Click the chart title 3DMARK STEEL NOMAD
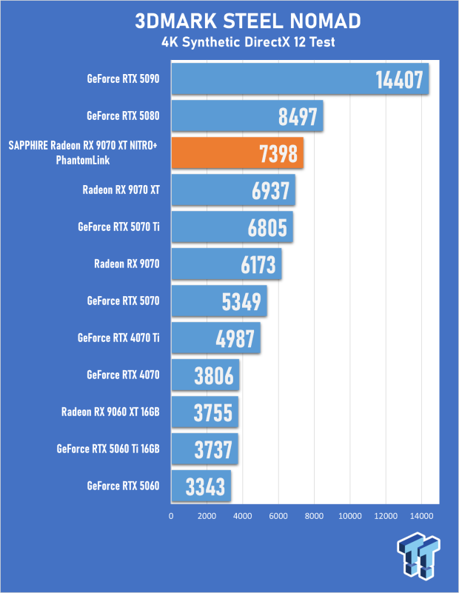click(x=248, y=21)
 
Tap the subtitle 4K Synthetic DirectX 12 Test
click(x=248, y=42)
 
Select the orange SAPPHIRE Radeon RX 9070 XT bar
click(x=238, y=153)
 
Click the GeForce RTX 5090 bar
click(x=301, y=78)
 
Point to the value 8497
click(x=298, y=116)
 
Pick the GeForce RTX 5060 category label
click(x=123, y=486)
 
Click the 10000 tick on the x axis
click(x=349, y=516)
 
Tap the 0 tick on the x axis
click(x=171, y=516)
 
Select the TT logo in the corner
click(x=418, y=555)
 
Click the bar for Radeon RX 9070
click(x=227, y=264)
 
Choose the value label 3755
click(x=213, y=412)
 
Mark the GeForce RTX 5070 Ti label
click(x=118, y=227)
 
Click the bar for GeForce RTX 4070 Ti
click(x=216, y=338)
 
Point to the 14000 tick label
click(x=421, y=516)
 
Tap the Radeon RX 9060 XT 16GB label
click(x=110, y=412)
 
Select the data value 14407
click(x=399, y=80)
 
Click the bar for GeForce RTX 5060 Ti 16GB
click(x=205, y=449)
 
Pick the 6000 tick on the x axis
click(x=278, y=516)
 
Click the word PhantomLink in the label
click(x=83, y=160)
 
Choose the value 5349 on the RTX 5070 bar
click(x=241, y=302)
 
